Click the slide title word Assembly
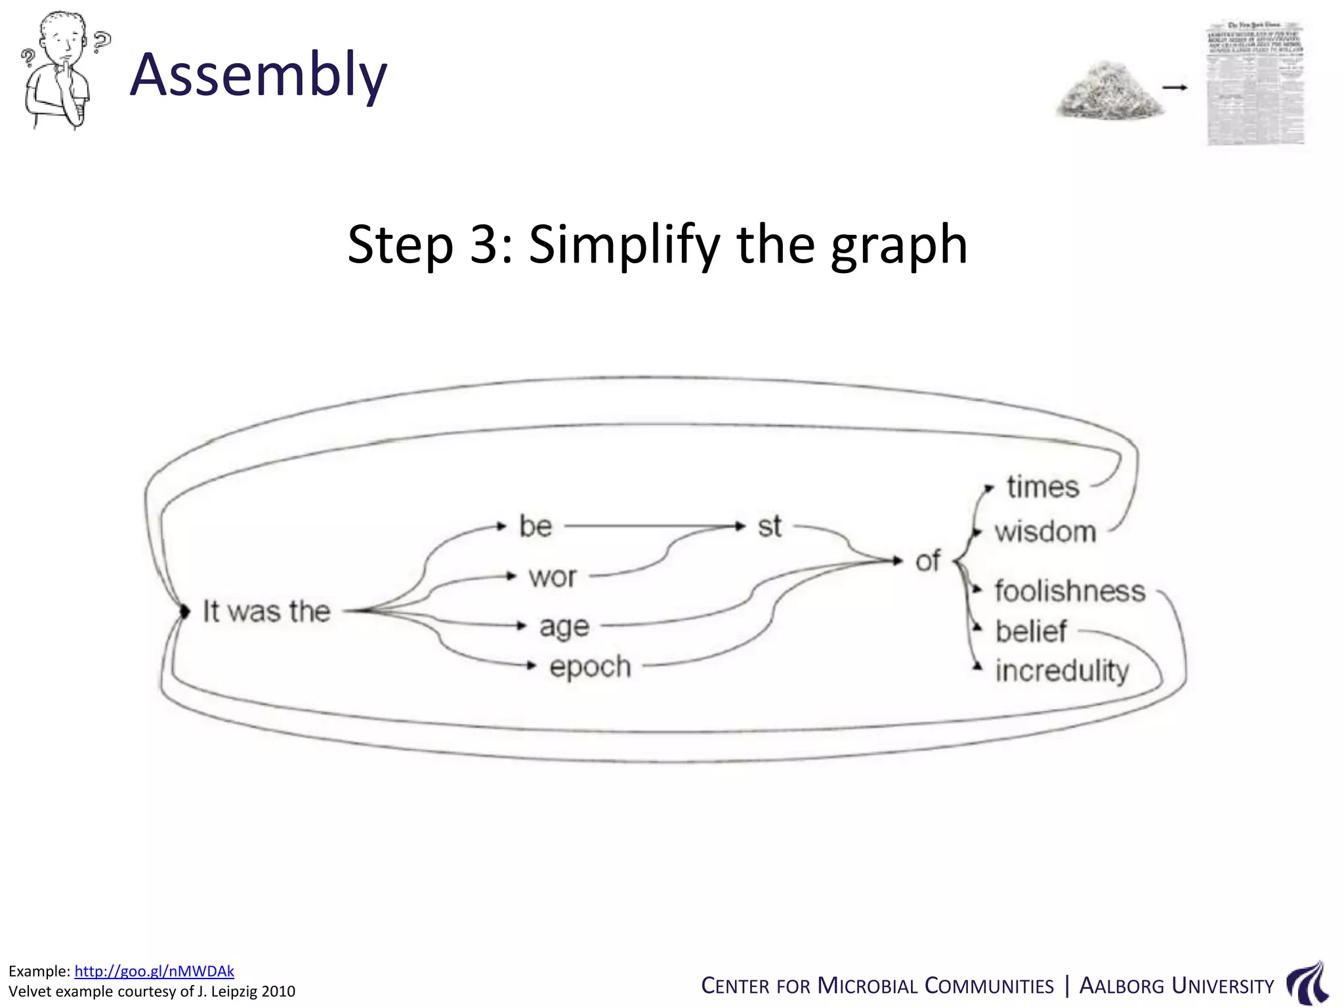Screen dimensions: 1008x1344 click(259, 75)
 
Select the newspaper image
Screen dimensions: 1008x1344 click(1255, 83)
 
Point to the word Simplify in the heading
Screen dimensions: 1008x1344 click(624, 244)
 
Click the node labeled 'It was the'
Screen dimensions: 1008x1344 click(266, 611)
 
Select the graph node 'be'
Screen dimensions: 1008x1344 click(535, 526)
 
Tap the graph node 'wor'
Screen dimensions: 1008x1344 click(553, 577)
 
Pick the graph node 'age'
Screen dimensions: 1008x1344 click(564, 627)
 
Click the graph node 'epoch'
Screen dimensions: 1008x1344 click(590, 667)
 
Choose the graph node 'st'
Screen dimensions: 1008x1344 click(769, 526)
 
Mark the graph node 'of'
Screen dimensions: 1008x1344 click(927, 561)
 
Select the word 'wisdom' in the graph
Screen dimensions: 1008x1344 click(1045, 532)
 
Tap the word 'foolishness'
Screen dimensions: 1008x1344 click(1070, 591)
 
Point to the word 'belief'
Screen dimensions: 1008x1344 click(1031, 631)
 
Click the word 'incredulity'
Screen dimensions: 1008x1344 click(1062, 671)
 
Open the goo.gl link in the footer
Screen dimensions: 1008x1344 click(154, 971)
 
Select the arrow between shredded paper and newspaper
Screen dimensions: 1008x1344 click(1175, 87)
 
